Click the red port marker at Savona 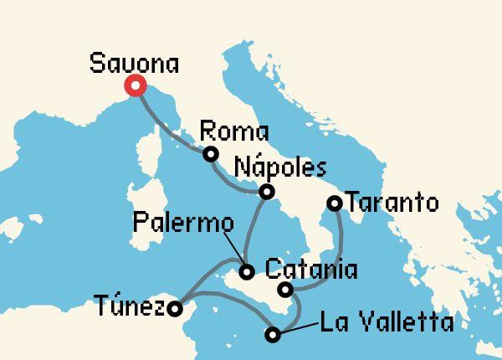(135, 85)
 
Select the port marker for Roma (211, 153)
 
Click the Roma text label (235, 132)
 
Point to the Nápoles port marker (266, 192)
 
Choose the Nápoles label (279, 167)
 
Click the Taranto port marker (334, 203)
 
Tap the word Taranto (392, 203)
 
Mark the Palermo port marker (247, 271)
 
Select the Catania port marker (285, 291)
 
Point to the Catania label (310, 270)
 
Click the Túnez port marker (174, 309)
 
